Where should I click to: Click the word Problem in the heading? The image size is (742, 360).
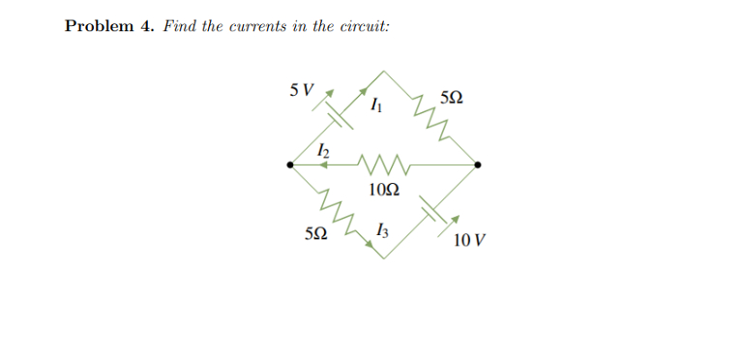click(x=96, y=26)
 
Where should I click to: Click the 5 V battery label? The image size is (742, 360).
click(x=302, y=92)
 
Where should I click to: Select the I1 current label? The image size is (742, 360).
click(x=376, y=107)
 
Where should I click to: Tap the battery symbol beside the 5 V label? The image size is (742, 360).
click(x=336, y=119)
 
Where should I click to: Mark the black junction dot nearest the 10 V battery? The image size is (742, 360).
click(x=478, y=165)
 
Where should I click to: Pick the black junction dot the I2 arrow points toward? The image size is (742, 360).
click(x=291, y=165)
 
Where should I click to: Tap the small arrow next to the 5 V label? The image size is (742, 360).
click(x=330, y=93)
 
